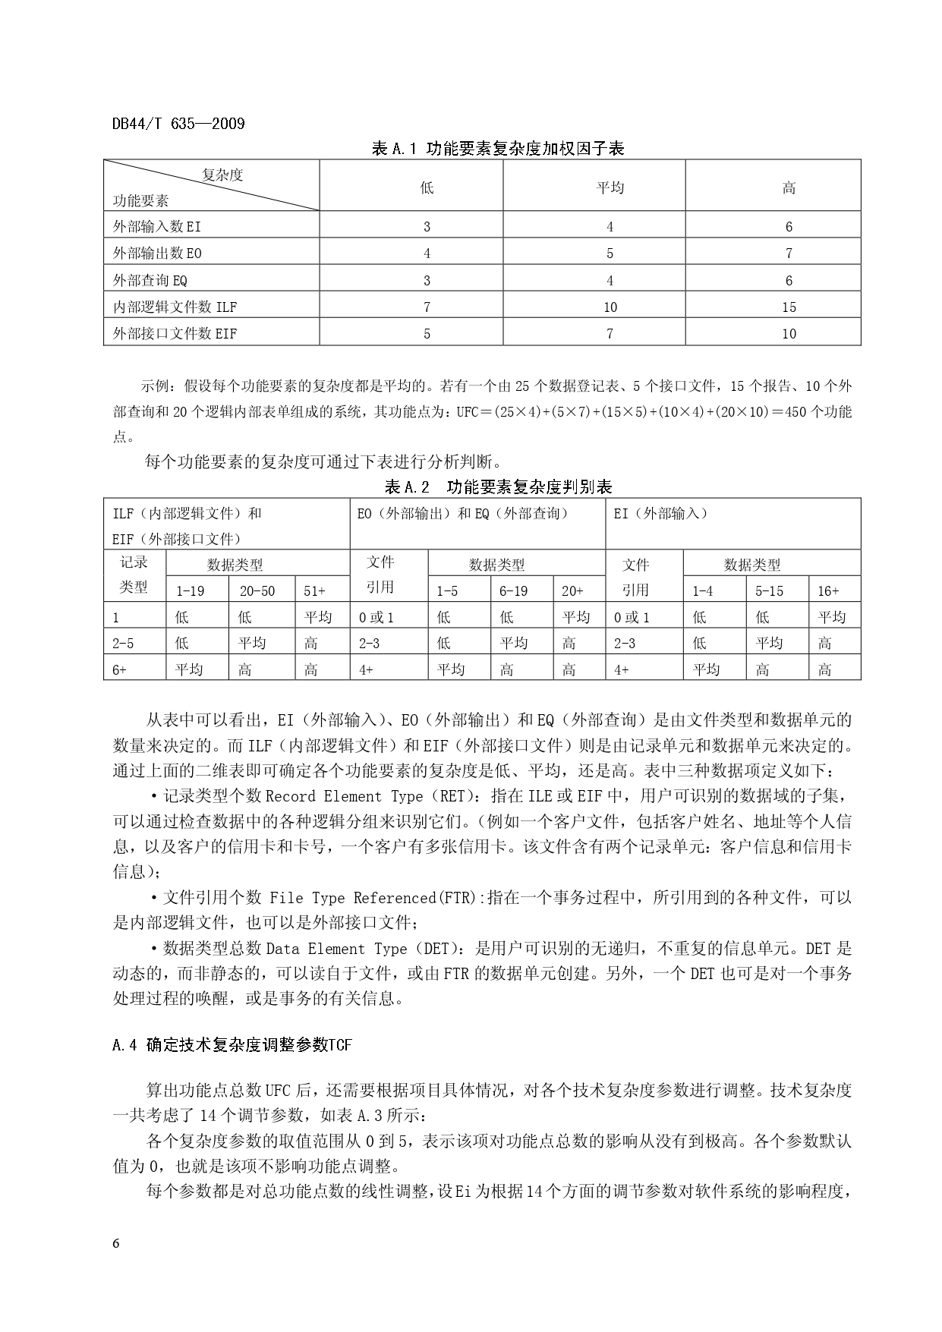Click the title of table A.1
click(x=497, y=149)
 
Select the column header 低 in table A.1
click(x=427, y=187)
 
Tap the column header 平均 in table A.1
click(x=610, y=187)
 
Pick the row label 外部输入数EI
click(x=157, y=226)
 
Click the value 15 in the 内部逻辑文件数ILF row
click(x=789, y=307)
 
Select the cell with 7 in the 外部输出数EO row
click(x=789, y=253)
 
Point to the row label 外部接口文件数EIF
click(x=175, y=333)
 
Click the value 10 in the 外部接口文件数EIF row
click(x=789, y=333)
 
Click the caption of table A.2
click(x=499, y=487)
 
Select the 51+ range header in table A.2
click(x=315, y=590)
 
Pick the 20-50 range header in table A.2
click(x=257, y=590)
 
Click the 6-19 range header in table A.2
click(x=513, y=590)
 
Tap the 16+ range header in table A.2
click(x=828, y=590)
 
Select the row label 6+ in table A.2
click(x=120, y=669)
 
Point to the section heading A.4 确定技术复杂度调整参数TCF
click(x=232, y=1045)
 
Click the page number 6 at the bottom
click(x=116, y=1243)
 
